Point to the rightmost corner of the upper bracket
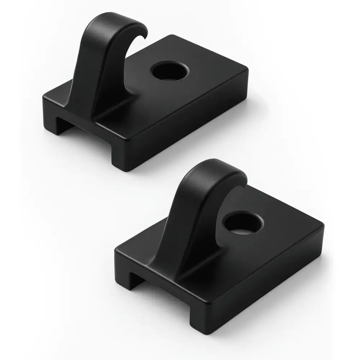point(248,72)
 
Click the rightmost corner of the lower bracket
point(324,227)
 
